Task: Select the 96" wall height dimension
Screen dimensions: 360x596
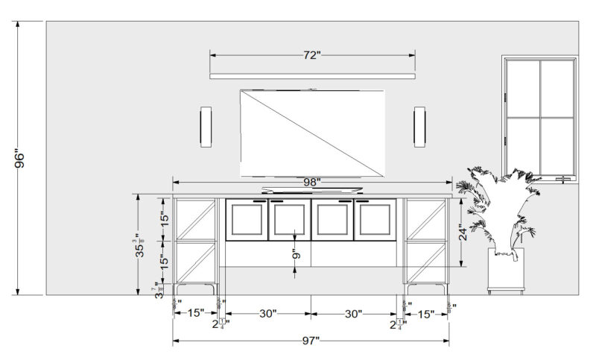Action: [21, 160]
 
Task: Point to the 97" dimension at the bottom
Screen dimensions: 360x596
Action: [311, 341]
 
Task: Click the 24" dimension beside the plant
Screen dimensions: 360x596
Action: [462, 233]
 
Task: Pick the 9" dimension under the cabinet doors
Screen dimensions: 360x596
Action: [296, 253]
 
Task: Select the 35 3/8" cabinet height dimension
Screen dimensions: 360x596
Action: [139, 244]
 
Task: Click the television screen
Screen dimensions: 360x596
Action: [312, 133]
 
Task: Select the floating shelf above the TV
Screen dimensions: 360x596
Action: [312, 76]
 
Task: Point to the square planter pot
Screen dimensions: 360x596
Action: [506, 270]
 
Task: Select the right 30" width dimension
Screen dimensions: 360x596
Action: [353, 315]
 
